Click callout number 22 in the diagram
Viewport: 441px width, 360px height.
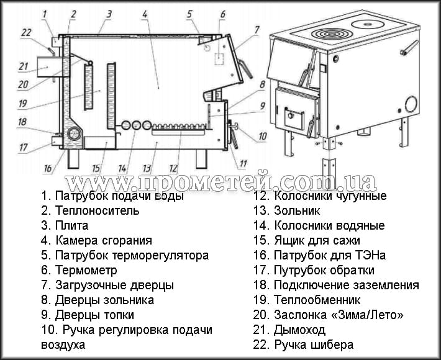pos(25,32)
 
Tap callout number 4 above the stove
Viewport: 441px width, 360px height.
pos(144,12)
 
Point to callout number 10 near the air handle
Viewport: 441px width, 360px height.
pos(263,135)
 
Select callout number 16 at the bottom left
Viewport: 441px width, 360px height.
pos(48,168)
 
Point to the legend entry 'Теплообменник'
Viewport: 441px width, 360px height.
pos(311,300)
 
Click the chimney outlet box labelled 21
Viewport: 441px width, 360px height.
pos(45,65)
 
